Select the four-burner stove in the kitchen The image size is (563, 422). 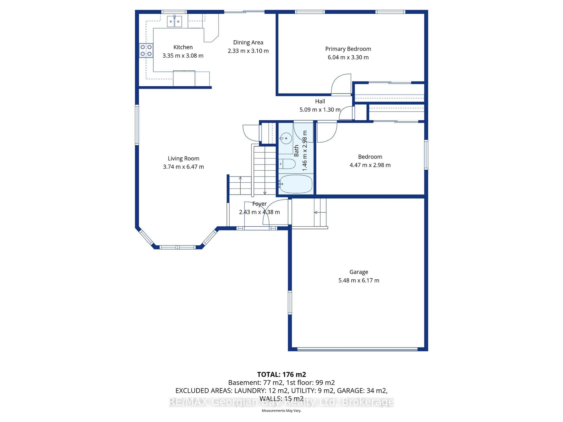[x=146, y=50]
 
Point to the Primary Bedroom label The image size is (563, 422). [x=348, y=49]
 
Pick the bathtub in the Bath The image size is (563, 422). [x=295, y=184]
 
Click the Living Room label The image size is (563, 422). [x=183, y=159]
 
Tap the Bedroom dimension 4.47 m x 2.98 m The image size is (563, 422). [x=370, y=165]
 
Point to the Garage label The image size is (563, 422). [x=359, y=272]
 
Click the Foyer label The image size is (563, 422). [x=259, y=204]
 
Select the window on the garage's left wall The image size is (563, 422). [x=290, y=302]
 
